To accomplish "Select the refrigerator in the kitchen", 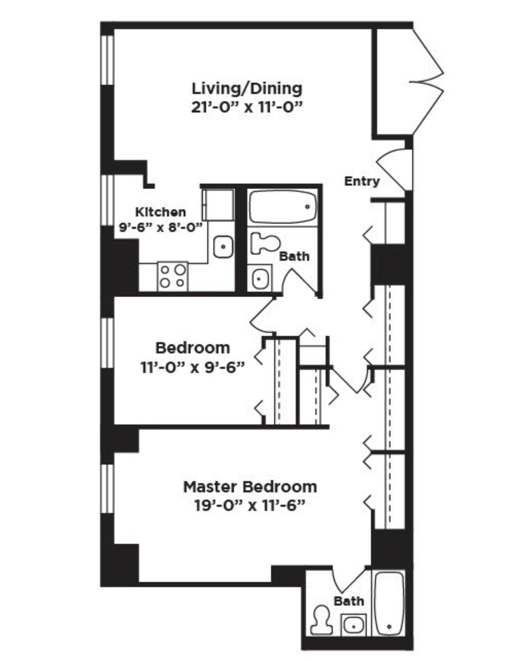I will pos(218,205).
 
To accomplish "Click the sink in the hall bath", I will pos(259,278).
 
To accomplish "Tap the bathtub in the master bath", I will pos(389,610).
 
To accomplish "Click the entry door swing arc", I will pos(394,171).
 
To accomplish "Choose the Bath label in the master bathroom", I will pos(349,601).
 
